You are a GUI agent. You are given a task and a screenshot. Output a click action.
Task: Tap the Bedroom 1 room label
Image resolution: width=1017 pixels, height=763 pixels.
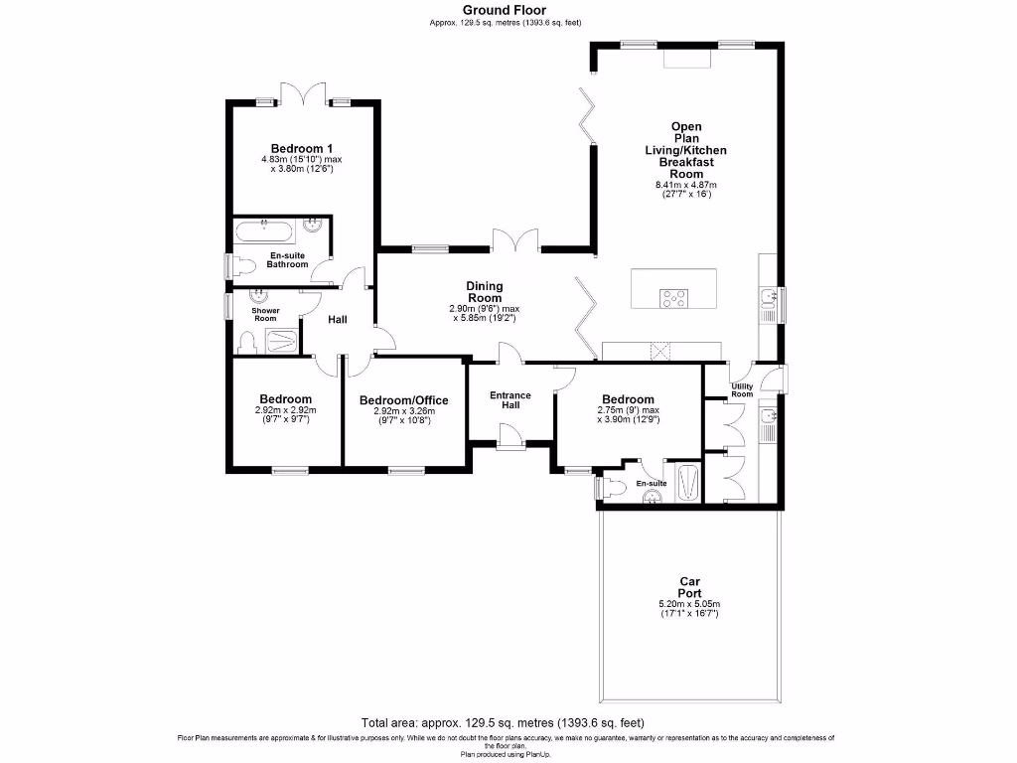tap(302, 149)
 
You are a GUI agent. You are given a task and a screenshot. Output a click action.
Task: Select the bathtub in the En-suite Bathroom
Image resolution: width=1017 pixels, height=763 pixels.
tap(263, 234)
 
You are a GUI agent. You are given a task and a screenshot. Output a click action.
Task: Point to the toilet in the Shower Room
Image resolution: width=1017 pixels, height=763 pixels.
tap(248, 343)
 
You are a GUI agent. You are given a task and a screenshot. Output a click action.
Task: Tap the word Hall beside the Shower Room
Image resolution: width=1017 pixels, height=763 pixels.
tap(338, 320)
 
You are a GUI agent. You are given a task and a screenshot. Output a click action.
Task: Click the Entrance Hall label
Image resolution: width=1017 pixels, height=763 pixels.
tap(510, 400)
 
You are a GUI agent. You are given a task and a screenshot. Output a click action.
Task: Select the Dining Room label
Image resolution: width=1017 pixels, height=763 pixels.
tap(485, 292)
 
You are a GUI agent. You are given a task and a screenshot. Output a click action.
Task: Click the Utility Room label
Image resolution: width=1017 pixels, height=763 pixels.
tap(742, 390)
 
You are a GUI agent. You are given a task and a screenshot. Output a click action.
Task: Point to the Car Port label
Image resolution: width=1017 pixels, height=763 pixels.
tap(689, 587)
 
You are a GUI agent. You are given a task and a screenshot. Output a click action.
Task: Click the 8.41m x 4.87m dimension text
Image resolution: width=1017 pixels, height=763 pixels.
tap(685, 185)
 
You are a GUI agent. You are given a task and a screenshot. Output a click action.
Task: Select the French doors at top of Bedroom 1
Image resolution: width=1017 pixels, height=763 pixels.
tap(303, 95)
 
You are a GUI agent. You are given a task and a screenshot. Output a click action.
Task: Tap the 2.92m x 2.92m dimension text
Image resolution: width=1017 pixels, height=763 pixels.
tap(285, 409)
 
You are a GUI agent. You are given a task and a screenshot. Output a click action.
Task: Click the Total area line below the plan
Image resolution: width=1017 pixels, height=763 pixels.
tap(508, 722)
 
